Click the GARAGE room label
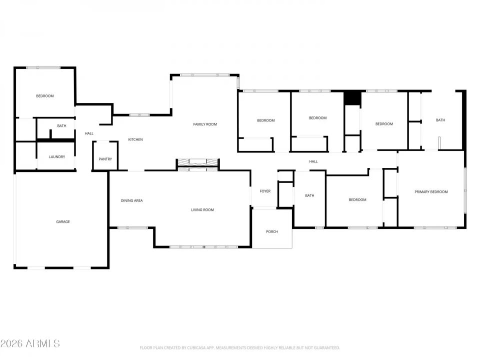[x=63, y=221]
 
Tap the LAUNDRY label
[x=57, y=157]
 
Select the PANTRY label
[x=105, y=159]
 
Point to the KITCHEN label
[x=135, y=139]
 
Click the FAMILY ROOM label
[x=205, y=124]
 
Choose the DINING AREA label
[x=132, y=200]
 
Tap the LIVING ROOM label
[x=202, y=209]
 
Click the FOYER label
[x=265, y=191]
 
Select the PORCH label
[x=272, y=231]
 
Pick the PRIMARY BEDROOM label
[x=431, y=191]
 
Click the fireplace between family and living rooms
[x=198, y=162]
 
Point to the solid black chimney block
[x=352, y=98]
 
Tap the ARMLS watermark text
[x=30, y=343]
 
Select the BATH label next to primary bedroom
[x=440, y=120]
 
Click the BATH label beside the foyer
[x=310, y=195]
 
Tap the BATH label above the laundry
[x=61, y=126]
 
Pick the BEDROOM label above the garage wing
[x=45, y=96]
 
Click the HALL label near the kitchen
[x=89, y=133]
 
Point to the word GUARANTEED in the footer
[x=324, y=347]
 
